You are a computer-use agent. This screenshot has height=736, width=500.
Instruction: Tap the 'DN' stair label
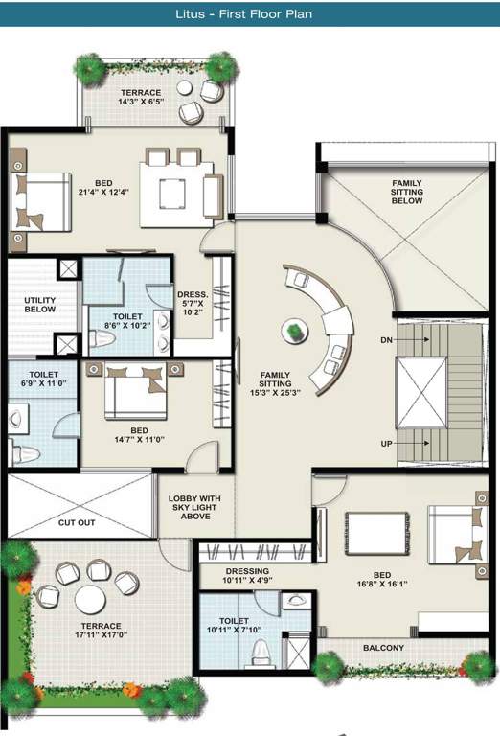pyautogui.click(x=385, y=339)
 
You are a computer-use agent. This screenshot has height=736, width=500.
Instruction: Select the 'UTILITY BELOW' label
pyautogui.click(x=39, y=305)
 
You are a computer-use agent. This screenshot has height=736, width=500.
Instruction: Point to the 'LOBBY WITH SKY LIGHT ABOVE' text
pyautogui.click(x=195, y=507)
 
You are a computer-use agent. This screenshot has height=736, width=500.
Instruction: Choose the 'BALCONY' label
pyautogui.click(x=383, y=648)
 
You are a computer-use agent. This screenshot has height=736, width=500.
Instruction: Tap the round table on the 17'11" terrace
pyautogui.click(x=91, y=601)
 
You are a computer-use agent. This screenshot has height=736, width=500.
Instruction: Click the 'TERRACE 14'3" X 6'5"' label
pyautogui.click(x=140, y=97)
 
